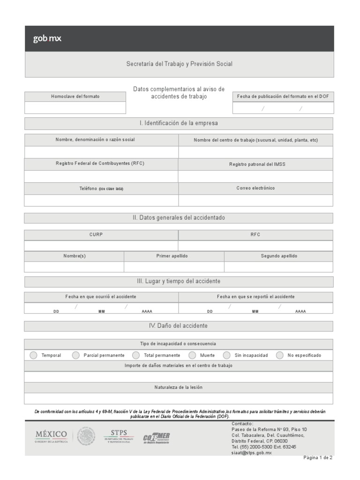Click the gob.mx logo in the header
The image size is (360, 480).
coord(47,39)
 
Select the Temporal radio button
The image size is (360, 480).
coord(33,355)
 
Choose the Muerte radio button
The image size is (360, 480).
coord(192,355)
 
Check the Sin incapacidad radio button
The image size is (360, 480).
coord(227,355)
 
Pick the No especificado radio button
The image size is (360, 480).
coord(280,355)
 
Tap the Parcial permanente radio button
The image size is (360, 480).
coord(76,355)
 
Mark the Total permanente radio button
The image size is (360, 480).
coord(136,355)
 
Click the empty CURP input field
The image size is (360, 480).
coord(101,246)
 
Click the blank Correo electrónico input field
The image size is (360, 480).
coord(255,201)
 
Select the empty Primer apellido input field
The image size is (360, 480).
coord(174,267)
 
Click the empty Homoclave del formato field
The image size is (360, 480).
coord(75,108)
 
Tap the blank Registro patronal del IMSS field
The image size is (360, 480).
coord(255,176)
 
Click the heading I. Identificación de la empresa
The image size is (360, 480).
coord(179,123)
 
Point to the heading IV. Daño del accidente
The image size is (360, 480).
coord(179,326)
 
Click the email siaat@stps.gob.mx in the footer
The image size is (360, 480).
coord(252,453)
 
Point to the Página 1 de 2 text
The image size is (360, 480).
coord(318,458)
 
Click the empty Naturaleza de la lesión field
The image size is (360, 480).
coord(179,398)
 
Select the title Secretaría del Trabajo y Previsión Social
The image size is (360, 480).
coord(179,64)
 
